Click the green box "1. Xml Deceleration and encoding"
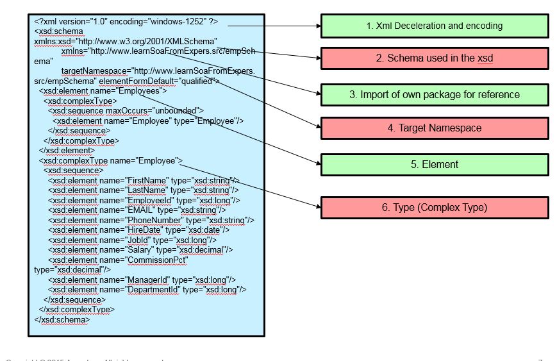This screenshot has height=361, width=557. point(435,26)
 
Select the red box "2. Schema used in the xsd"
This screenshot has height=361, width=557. point(435,58)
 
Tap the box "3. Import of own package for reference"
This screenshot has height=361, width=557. point(435,94)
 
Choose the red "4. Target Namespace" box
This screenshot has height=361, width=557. point(435,128)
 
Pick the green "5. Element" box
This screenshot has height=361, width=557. point(435,164)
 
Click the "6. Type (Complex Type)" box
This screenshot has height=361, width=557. point(435,207)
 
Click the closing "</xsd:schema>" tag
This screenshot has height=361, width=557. point(62,319)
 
